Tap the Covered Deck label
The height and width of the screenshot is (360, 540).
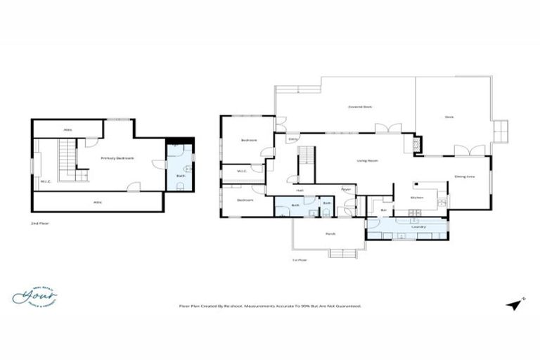pos(360,107)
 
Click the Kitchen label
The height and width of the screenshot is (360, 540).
pos(416,198)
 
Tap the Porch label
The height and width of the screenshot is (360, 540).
pos(330,233)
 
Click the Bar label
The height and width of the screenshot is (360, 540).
pos(383,210)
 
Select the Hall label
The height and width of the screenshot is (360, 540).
pos(300,190)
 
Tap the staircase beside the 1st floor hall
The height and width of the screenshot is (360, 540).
pos(307,165)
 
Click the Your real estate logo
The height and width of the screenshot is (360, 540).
pos(34,296)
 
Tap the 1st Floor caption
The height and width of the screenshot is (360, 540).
pos(300,260)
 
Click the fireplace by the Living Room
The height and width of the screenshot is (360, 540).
pos(418,144)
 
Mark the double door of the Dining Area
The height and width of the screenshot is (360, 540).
pos(468,150)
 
